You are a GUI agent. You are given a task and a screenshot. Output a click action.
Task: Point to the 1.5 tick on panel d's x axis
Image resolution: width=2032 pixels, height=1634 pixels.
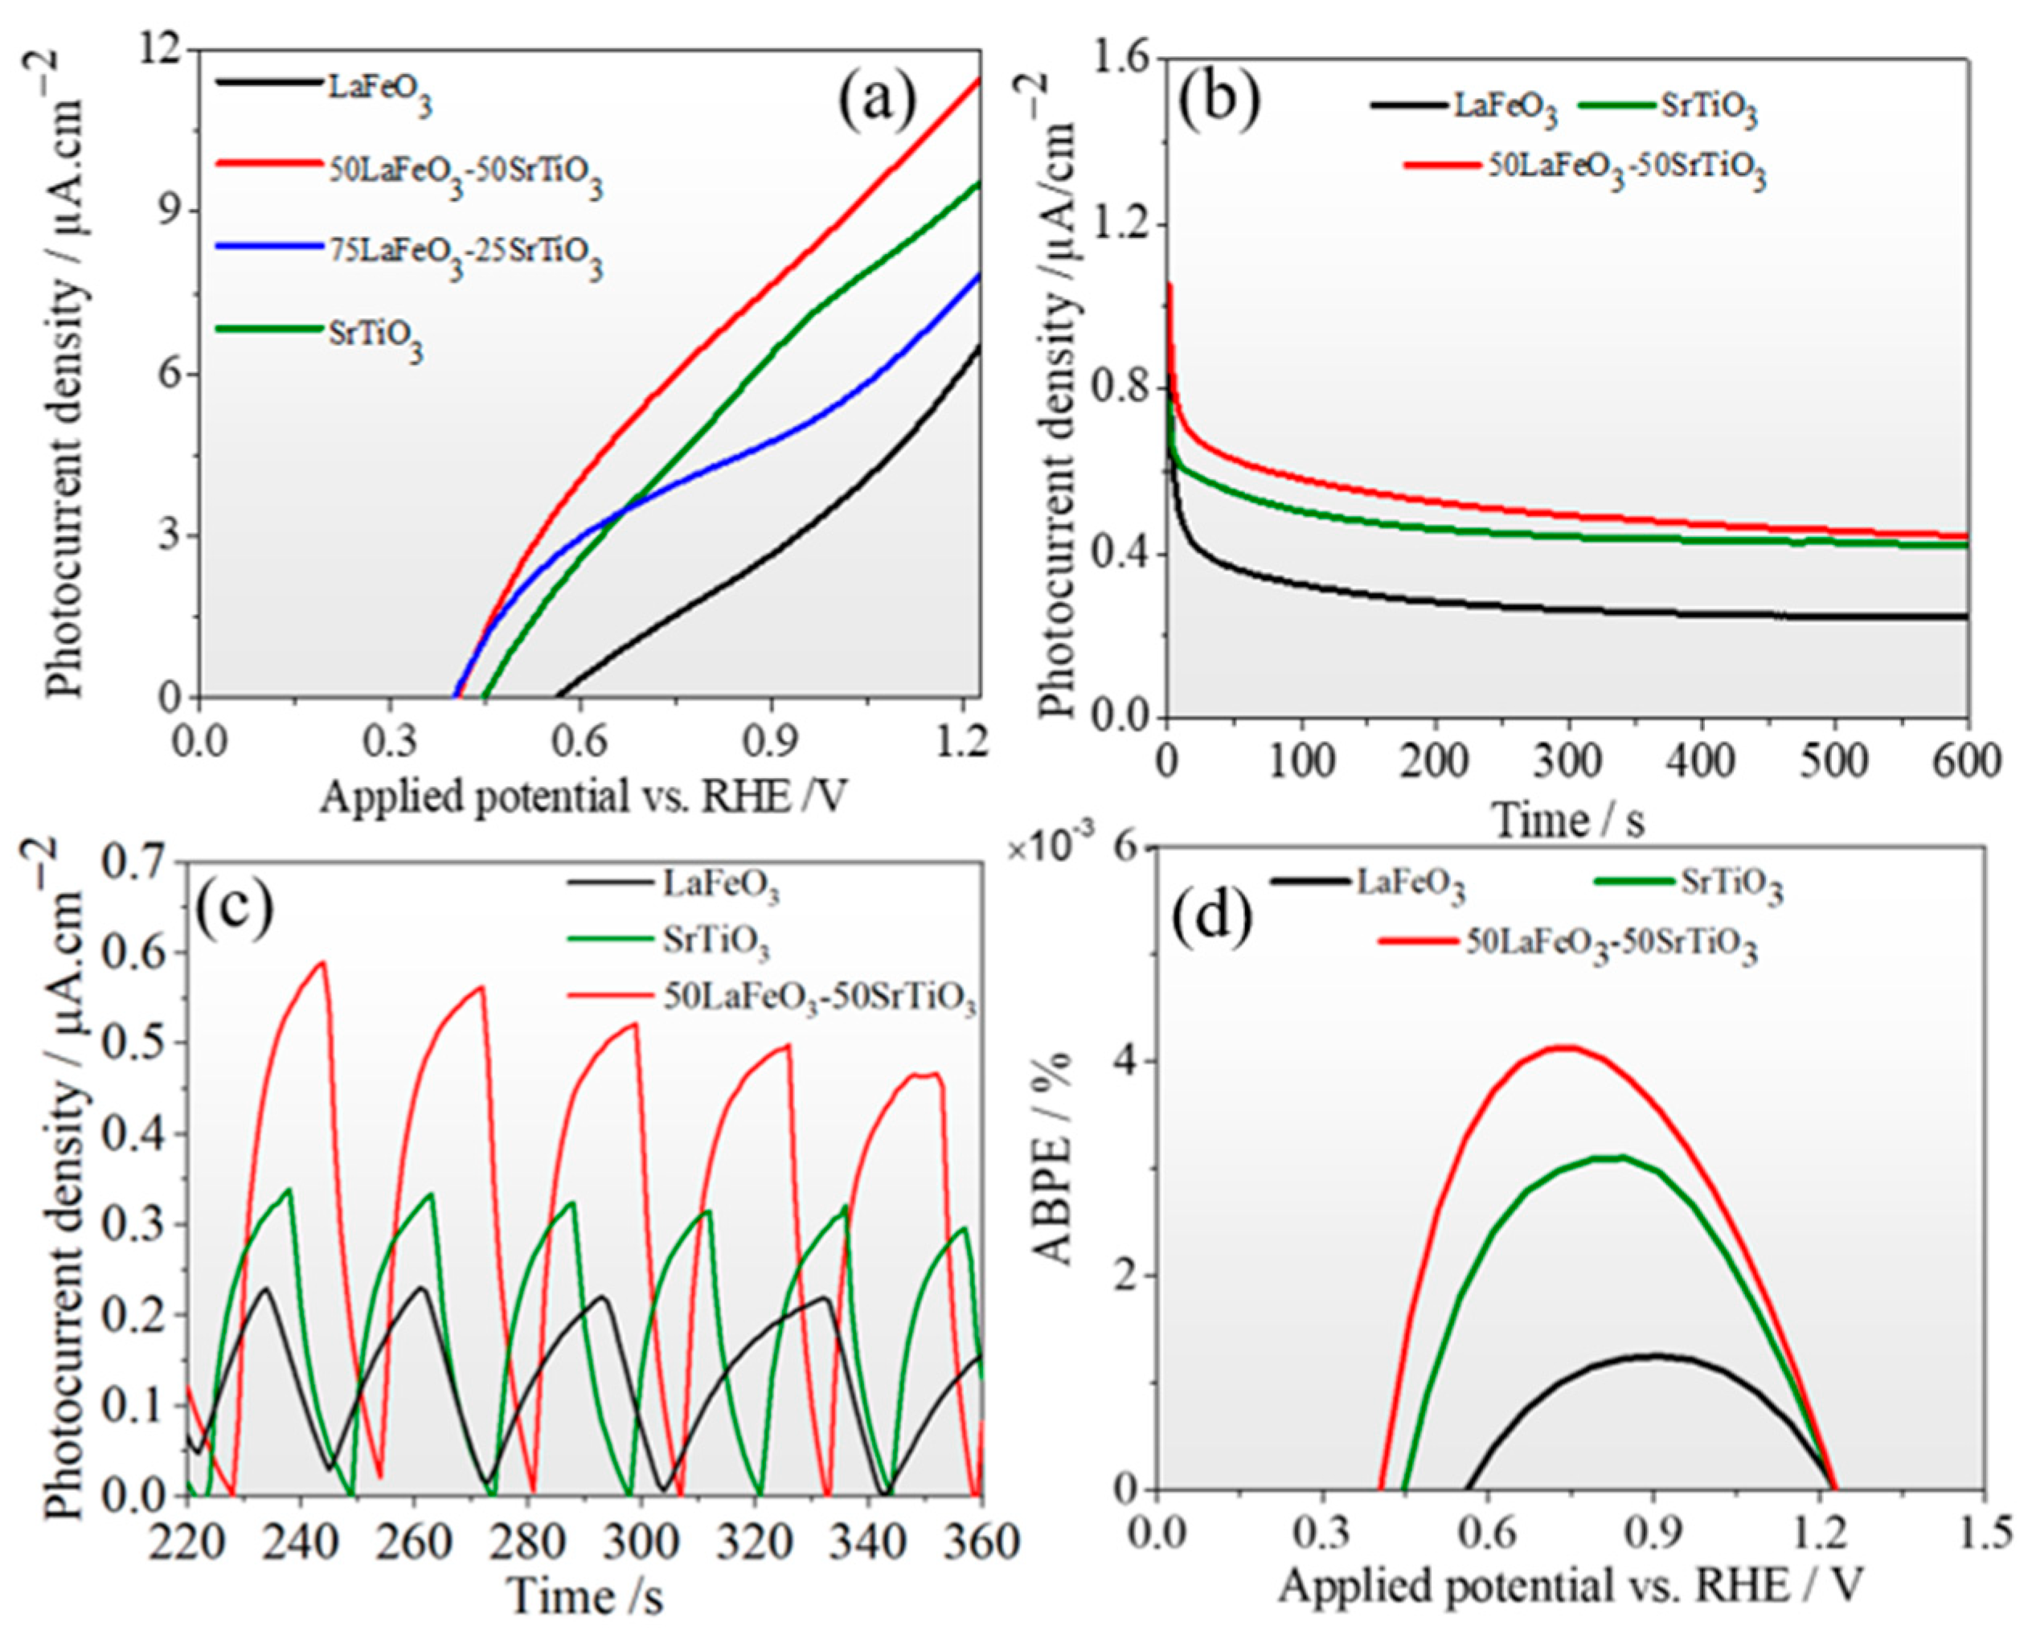1983,1534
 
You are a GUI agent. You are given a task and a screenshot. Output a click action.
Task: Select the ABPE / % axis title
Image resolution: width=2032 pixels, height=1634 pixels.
1054,1170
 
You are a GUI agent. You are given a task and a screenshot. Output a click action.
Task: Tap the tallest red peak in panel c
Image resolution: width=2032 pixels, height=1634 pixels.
323,962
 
